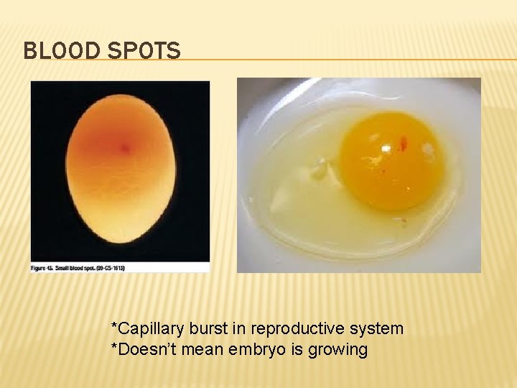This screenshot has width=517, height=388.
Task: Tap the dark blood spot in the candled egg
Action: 125,148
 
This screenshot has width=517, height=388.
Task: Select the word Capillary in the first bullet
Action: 149,329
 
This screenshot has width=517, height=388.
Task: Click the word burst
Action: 208,329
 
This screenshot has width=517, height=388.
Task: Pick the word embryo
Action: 251,350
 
